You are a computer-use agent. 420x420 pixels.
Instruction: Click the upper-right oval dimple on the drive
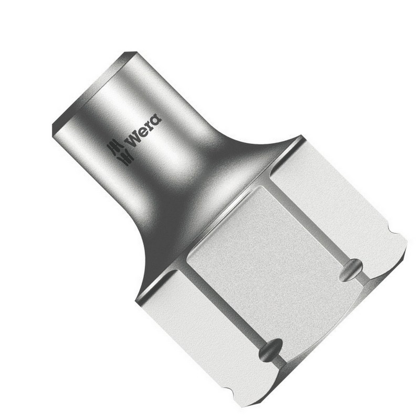pos(350,269)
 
